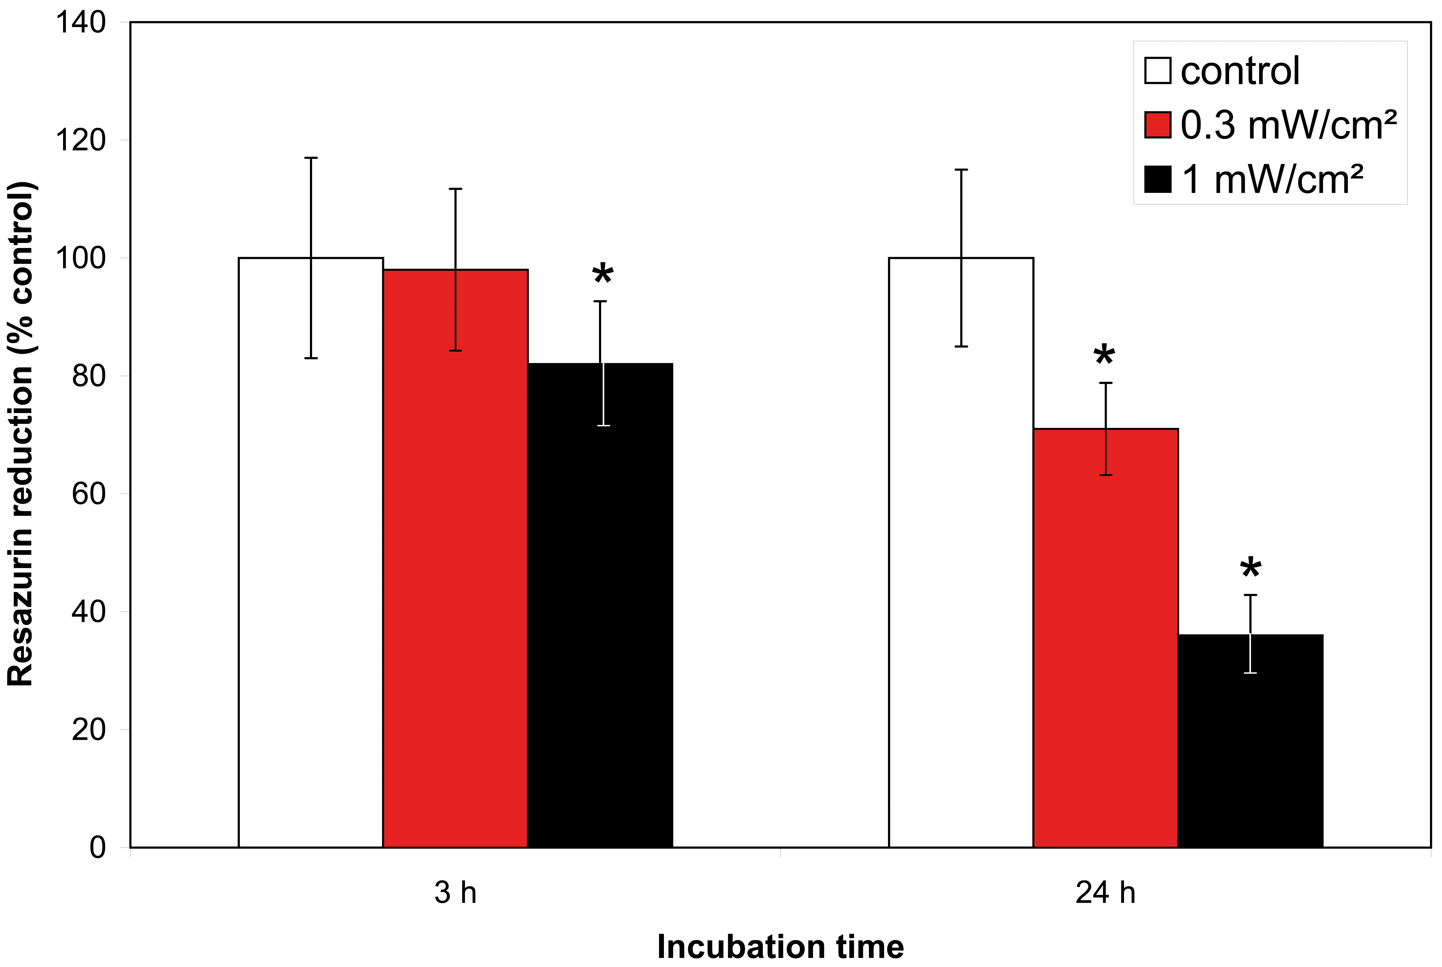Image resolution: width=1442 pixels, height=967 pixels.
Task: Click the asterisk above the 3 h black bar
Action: tap(602, 275)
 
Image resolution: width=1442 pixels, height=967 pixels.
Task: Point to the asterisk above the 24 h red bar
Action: tap(1104, 356)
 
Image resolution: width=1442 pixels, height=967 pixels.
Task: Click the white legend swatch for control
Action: tap(1157, 70)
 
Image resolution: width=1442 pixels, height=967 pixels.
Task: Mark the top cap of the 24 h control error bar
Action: tap(961, 169)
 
